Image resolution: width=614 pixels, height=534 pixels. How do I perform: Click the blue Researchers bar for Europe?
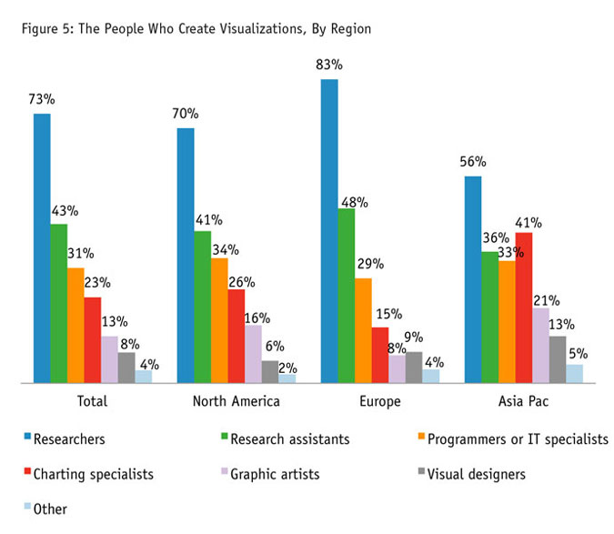pos(328,231)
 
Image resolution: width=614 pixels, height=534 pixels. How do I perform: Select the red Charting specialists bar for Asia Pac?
pos(523,307)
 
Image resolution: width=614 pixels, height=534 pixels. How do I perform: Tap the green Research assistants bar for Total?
pos(58,303)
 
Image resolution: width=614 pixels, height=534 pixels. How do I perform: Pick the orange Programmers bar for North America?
pos(219,320)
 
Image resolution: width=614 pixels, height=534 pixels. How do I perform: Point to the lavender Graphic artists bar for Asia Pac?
pos(540,346)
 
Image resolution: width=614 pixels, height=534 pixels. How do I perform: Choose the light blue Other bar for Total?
pos(143,377)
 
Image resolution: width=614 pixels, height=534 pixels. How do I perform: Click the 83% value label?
pos(328,65)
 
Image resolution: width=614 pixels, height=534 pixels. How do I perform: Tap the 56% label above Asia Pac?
pos(473,162)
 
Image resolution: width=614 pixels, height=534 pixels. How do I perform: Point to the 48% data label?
pos(353,202)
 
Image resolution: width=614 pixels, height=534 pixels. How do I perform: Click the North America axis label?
pos(237,401)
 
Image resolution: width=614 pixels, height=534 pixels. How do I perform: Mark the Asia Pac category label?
pos(523,401)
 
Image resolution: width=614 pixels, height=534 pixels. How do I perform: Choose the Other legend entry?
pos(50,509)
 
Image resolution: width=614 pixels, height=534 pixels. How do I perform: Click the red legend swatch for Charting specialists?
pos(25,474)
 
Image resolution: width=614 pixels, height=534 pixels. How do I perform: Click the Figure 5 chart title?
pos(197,29)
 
